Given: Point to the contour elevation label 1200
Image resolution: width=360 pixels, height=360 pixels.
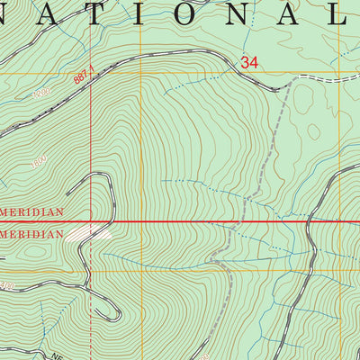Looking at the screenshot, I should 38,94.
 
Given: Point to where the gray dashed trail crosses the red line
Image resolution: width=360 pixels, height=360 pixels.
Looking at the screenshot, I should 236,220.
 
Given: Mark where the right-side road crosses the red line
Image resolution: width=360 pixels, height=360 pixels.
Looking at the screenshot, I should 309,220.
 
